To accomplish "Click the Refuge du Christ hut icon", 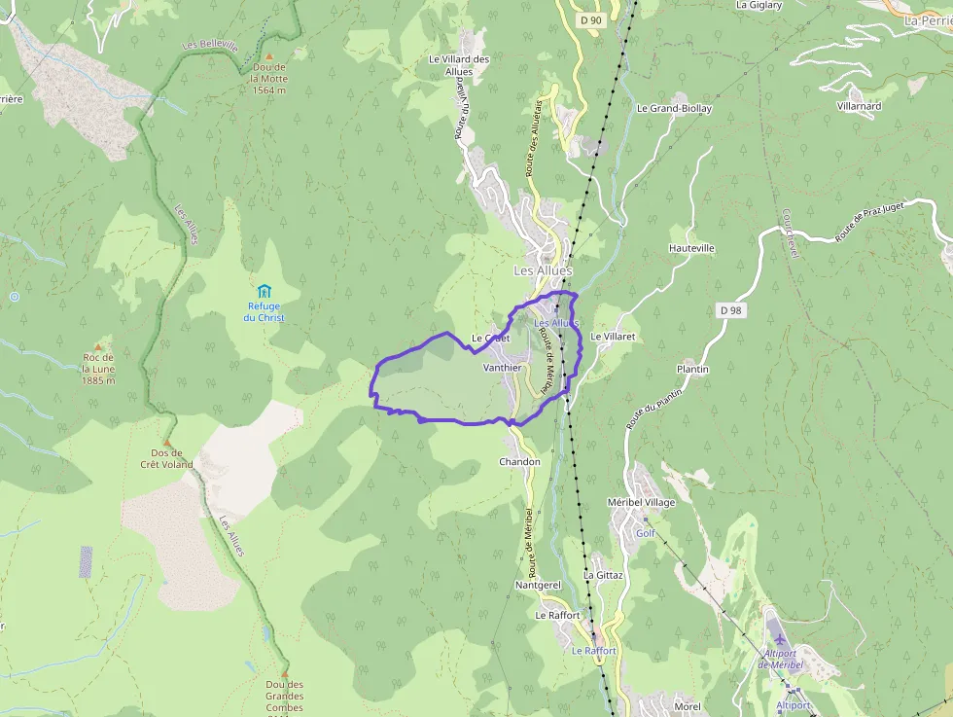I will click(x=264, y=290).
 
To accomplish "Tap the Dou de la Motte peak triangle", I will click(x=269, y=56).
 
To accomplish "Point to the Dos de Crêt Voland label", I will click(x=167, y=458).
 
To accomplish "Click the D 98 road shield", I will click(x=730, y=309).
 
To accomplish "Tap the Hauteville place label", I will click(x=691, y=248).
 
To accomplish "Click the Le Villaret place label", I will click(x=613, y=336).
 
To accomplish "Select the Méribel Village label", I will click(x=641, y=502).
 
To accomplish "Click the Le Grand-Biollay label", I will click(x=674, y=109).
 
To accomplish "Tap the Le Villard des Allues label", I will click(x=459, y=65).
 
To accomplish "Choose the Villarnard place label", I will click(x=859, y=105).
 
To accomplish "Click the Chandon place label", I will click(x=518, y=461).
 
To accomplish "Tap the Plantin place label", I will click(x=692, y=370).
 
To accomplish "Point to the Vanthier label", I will click(x=503, y=368).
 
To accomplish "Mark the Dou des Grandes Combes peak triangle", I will click(x=285, y=673).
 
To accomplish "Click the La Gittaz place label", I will click(x=602, y=575).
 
